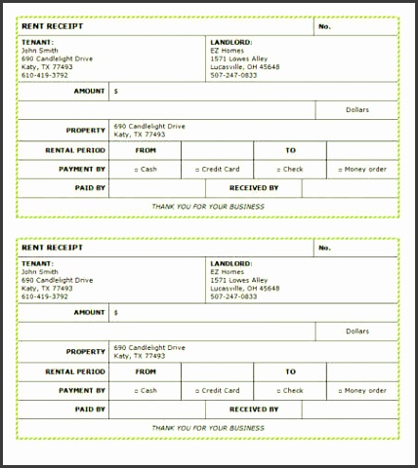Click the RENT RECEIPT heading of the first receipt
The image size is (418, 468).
pyautogui.click(x=50, y=27)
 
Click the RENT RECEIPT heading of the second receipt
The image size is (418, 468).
pyautogui.click(x=50, y=248)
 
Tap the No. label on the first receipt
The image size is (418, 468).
pyautogui.click(x=325, y=27)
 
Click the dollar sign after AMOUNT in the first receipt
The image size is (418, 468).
pyautogui.click(x=116, y=92)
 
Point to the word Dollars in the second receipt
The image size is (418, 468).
pyautogui.click(x=356, y=331)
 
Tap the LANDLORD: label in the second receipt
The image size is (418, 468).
pyautogui.click(x=231, y=263)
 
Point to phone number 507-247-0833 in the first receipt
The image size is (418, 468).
pyautogui.click(x=233, y=75)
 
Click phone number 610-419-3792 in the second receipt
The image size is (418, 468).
pyautogui.click(x=45, y=295)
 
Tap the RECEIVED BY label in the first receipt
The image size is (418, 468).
pyautogui.click(x=254, y=187)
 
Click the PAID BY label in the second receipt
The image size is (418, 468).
pyautogui.click(x=89, y=409)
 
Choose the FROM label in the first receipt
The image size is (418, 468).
pyautogui.click(x=146, y=151)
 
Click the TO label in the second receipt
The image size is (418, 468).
pyautogui.click(x=290, y=371)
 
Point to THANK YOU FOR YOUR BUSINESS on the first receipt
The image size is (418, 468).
pyautogui.click(x=208, y=207)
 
